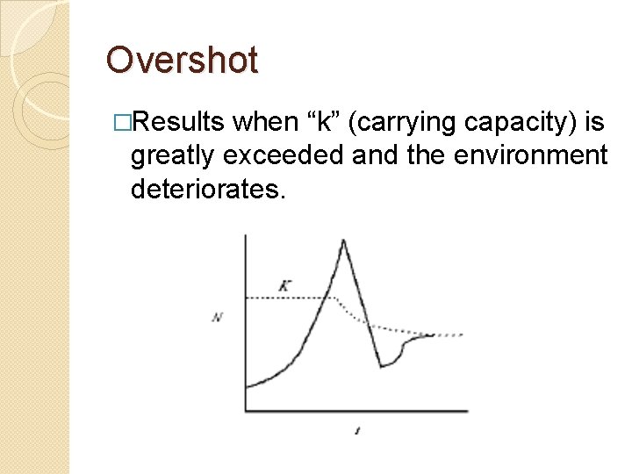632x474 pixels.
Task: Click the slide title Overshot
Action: pyautogui.click(x=182, y=61)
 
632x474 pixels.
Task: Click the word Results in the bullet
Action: pyautogui.click(x=183, y=123)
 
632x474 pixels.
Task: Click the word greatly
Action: pyautogui.click(x=172, y=156)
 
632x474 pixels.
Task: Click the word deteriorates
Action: pyautogui.click(x=208, y=189)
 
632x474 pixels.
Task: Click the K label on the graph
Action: pyautogui.click(x=284, y=284)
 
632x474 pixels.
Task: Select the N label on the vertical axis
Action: pyautogui.click(x=217, y=317)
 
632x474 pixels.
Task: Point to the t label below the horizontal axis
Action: pyautogui.click(x=357, y=430)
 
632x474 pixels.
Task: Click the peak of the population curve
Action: pyautogui.click(x=343, y=240)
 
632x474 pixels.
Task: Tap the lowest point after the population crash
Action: pyautogui.click(x=381, y=366)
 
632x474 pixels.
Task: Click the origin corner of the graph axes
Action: pyautogui.click(x=245, y=410)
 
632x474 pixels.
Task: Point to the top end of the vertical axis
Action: pyautogui.click(x=245, y=234)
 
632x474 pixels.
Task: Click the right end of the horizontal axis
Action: pyautogui.click(x=467, y=410)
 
